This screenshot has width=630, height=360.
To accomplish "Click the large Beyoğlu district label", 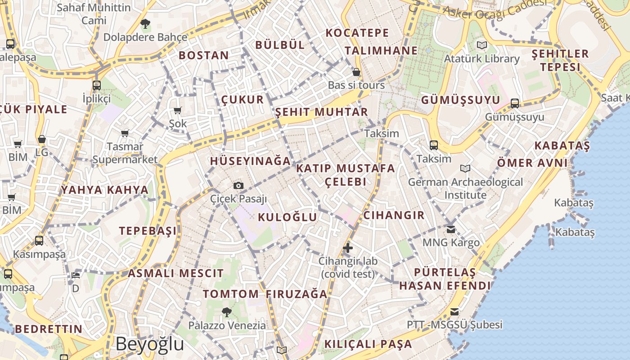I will click(x=149, y=344).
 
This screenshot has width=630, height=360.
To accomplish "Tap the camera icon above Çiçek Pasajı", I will click(x=238, y=185).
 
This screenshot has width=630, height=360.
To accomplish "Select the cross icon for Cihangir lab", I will click(x=347, y=247).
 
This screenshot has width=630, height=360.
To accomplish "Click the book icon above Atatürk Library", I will click(x=481, y=45).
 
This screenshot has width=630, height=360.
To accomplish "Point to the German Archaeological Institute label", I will click(x=465, y=189).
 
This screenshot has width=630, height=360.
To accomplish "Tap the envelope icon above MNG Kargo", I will click(x=451, y=229).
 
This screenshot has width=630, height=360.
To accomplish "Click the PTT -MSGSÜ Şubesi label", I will click(x=454, y=325).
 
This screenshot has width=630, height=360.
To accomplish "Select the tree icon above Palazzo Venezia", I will click(x=227, y=312).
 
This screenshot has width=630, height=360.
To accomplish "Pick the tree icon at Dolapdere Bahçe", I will click(x=145, y=23).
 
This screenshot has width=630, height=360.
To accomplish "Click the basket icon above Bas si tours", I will click(x=356, y=72).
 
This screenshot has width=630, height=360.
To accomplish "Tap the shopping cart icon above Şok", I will click(x=178, y=111).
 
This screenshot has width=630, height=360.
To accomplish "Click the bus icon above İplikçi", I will click(x=96, y=85).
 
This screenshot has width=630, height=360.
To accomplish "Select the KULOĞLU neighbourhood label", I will click(x=288, y=217).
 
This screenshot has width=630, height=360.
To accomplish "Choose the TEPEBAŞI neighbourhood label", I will click(x=148, y=231).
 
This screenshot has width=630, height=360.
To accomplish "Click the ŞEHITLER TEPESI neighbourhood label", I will click(x=560, y=60).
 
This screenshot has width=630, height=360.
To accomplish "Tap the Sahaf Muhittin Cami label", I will click(x=94, y=14).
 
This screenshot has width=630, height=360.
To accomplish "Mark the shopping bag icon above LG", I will click(x=42, y=139).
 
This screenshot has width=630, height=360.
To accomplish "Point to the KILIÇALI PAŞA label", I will click(x=368, y=344).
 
